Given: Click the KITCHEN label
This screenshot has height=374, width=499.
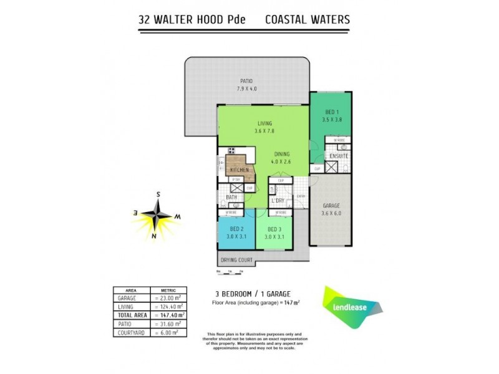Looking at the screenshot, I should (x=240, y=170).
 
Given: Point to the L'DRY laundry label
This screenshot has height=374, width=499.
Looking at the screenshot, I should (x=278, y=201).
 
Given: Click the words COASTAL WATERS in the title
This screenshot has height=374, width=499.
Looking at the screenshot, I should (x=308, y=19).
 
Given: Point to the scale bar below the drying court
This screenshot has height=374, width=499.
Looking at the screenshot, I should (x=229, y=272).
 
